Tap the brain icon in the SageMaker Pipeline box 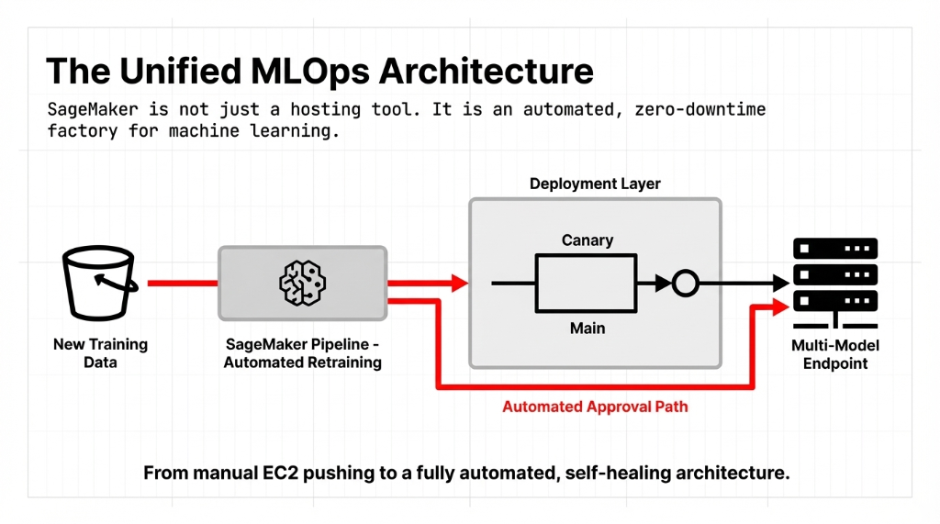pyautogui.click(x=303, y=283)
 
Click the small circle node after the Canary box pyautogui.click(x=685, y=284)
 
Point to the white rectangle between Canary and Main pyautogui.click(x=587, y=284)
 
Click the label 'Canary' pyautogui.click(x=587, y=240)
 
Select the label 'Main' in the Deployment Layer pyautogui.click(x=587, y=328)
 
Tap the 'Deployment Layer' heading pyautogui.click(x=595, y=184)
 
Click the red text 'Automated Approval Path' pyautogui.click(x=595, y=407)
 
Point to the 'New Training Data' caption pyautogui.click(x=100, y=353)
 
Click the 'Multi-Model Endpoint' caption pyautogui.click(x=834, y=354)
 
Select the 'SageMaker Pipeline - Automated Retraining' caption pyautogui.click(x=303, y=353)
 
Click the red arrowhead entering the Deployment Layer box pyautogui.click(x=459, y=284)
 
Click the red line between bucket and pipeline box pyautogui.click(x=182, y=284)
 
